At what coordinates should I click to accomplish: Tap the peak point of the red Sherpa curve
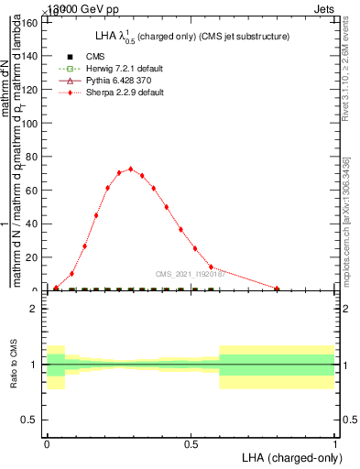click(x=131, y=169)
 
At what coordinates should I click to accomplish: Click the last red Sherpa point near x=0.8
click(x=277, y=289)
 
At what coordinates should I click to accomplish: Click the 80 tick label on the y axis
click(x=33, y=156)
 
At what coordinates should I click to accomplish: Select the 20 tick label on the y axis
click(x=33, y=257)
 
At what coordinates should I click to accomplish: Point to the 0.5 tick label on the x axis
click(x=191, y=443)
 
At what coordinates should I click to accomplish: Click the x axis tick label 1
click(x=335, y=443)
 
